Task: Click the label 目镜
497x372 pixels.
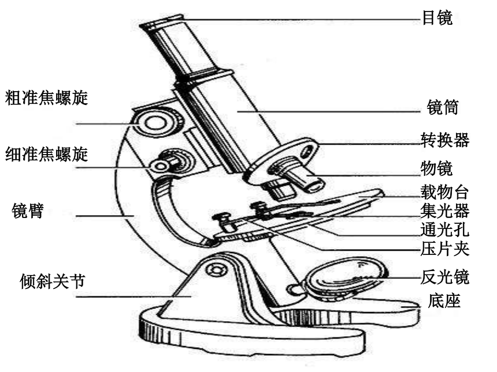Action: point(437,17)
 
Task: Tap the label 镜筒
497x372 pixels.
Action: point(443,107)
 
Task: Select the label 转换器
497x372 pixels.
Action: point(445,140)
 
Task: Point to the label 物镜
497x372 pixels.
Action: point(436,168)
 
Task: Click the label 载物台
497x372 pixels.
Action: point(445,192)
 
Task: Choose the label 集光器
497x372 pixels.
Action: point(445,211)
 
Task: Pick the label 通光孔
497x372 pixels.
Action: point(445,230)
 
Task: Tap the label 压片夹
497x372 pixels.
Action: point(445,249)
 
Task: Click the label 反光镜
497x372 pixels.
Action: point(445,277)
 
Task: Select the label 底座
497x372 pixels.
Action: point(444,300)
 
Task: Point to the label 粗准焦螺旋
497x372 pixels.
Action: point(46,97)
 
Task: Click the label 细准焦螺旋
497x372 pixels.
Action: point(46,155)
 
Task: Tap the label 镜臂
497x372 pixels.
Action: point(28,211)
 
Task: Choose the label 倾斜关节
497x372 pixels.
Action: point(52,281)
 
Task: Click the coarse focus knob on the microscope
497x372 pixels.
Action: point(155,122)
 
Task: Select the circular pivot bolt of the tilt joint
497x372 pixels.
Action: point(217,270)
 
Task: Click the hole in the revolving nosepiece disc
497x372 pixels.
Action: point(306,151)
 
